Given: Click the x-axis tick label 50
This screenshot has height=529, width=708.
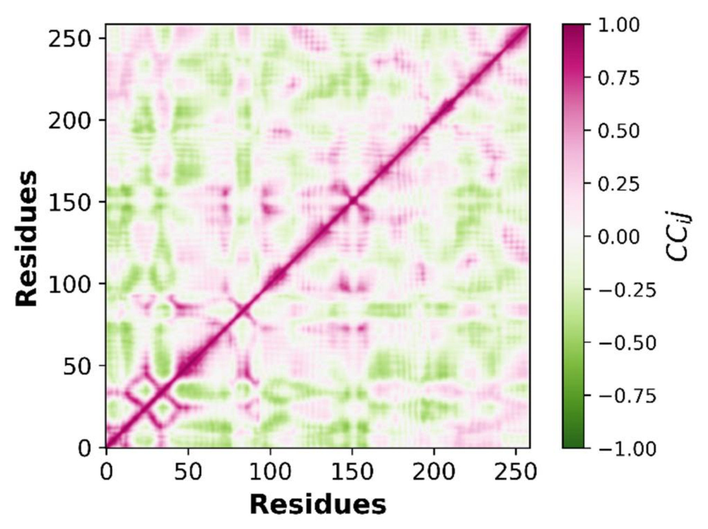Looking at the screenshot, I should coord(188,472).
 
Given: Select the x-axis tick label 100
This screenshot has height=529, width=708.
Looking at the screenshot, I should coord(270,472).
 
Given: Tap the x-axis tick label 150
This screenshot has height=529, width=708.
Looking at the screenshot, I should coord(352,472).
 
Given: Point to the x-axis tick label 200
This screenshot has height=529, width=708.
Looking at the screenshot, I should coord(434,472).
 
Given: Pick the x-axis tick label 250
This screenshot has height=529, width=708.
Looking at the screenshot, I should coord(516,472).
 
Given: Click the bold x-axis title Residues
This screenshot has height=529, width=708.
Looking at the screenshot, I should coord(318,505).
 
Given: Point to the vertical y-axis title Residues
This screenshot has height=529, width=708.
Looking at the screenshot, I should coord(27,238).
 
